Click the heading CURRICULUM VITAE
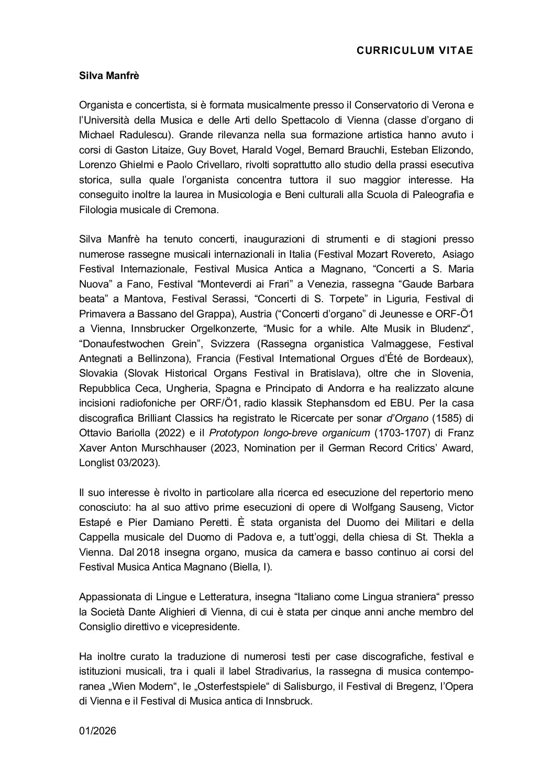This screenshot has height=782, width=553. coord(415,50)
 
